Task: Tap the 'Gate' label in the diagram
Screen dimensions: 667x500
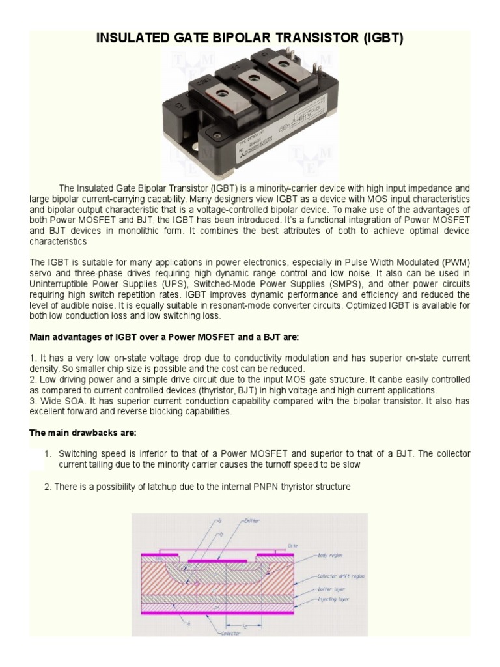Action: (x=293, y=545)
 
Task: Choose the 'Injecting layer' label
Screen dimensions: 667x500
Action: (x=335, y=597)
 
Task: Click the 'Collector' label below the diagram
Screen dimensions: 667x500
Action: (x=231, y=632)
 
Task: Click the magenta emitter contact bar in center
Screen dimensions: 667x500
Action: (x=218, y=560)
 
